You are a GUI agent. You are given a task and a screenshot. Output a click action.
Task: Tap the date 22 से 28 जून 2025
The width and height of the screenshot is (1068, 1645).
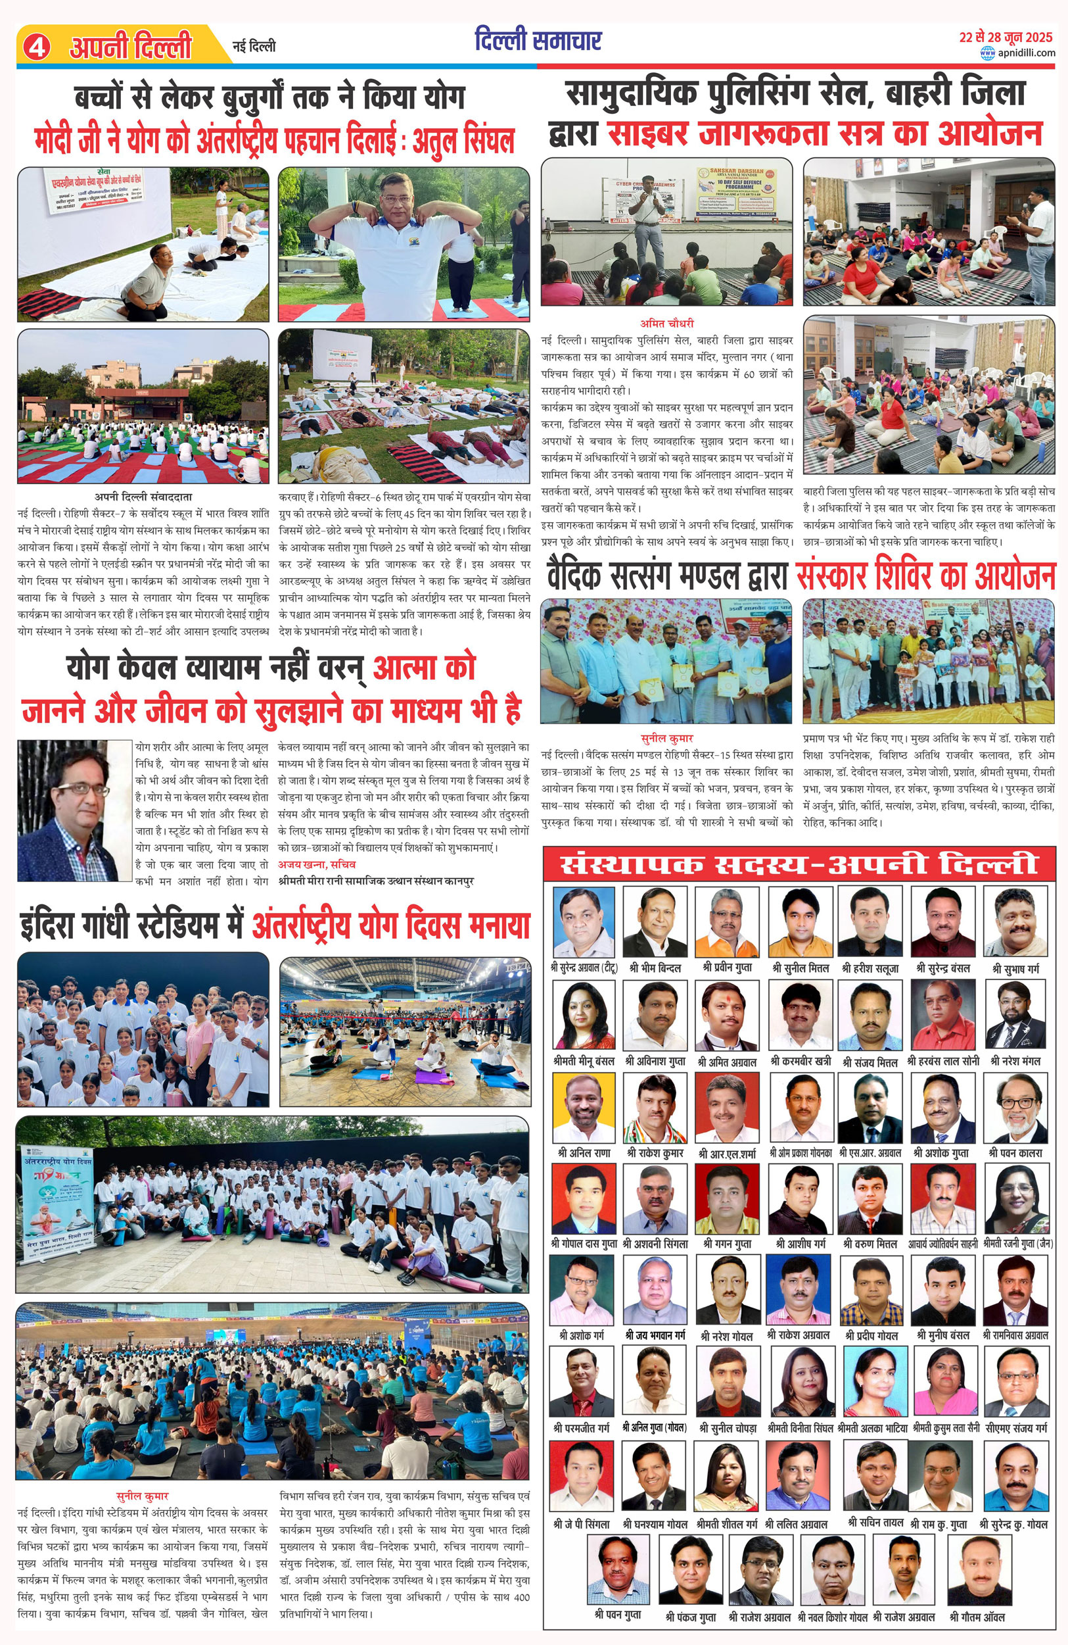click(1005, 37)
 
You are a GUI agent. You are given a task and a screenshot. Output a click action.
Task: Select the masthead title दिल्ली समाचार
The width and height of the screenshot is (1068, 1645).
click(538, 41)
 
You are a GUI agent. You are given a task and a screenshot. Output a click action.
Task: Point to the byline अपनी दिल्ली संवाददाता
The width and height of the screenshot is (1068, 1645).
click(143, 497)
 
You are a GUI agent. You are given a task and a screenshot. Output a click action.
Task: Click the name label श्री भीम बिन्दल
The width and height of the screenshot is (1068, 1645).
click(655, 968)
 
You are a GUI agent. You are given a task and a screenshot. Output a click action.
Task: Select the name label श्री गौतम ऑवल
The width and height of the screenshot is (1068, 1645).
click(977, 1617)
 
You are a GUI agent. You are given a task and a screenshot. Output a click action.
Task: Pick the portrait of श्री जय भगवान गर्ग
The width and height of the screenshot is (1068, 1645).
click(655, 1290)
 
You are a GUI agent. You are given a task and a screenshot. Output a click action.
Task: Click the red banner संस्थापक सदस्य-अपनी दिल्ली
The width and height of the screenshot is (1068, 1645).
click(799, 864)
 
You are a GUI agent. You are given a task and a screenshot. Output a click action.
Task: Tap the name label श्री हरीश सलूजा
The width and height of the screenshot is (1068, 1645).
click(870, 968)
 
